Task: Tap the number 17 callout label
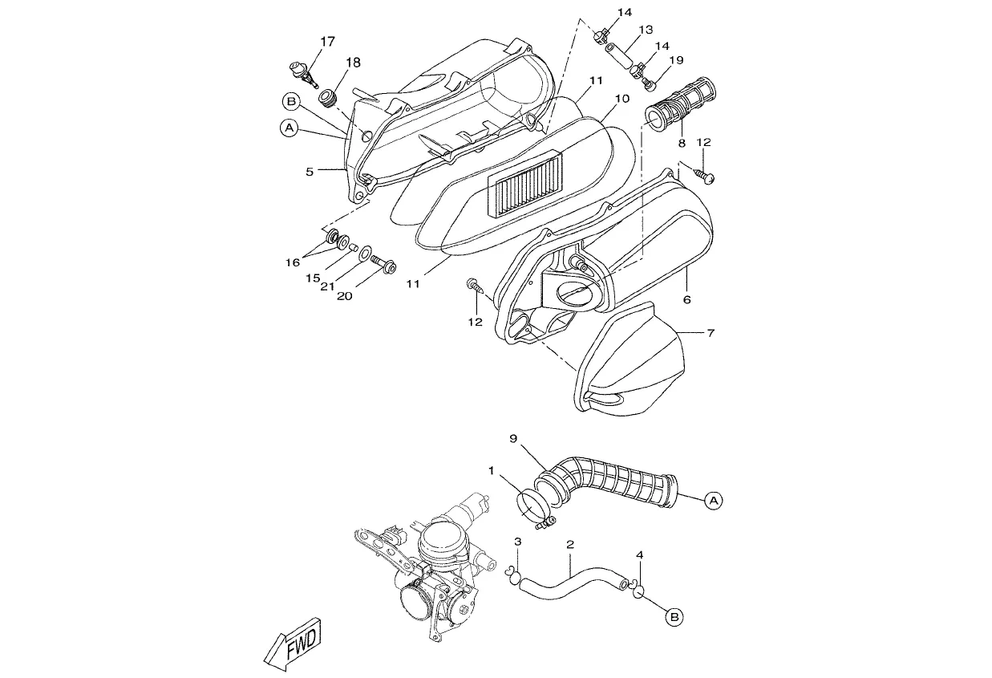click(x=328, y=42)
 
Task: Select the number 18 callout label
click(x=354, y=63)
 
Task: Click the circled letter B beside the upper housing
click(x=291, y=102)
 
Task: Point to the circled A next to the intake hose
click(x=713, y=501)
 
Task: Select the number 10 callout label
click(x=622, y=99)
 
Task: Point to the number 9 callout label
click(x=513, y=439)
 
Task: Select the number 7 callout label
click(x=711, y=332)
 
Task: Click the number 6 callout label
click(x=687, y=300)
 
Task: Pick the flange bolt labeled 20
click(x=383, y=265)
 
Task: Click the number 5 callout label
click(x=310, y=172)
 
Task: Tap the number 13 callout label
click(x=646, y=30)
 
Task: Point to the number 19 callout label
click(x=677, y=60)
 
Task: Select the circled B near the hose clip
click(x=674, y=617)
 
